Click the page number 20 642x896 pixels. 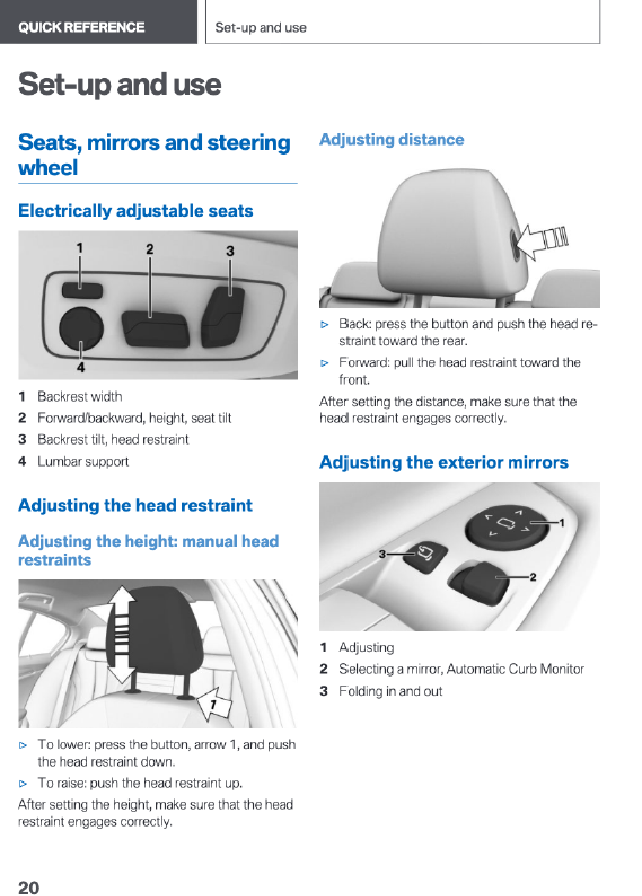tap(29, 887)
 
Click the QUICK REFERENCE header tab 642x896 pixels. tap(98, 22)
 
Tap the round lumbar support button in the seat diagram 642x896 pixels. tap(81, 328)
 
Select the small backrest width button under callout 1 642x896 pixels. tap(82, 290)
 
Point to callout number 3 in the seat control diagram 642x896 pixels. tap(230, 251)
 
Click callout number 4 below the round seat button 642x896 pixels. tap(81, 367)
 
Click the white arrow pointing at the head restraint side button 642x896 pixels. tap(541, 241)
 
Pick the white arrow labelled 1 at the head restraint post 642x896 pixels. tap(215, 703)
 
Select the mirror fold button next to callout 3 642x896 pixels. tap(424, 557)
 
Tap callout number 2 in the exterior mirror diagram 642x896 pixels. tap(533, 577)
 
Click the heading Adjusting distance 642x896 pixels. tap(392, 140)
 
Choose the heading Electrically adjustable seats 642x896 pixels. tap(135, 211)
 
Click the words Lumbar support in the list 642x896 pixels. tap(83, 462)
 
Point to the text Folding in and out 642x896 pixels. tap(390, 691)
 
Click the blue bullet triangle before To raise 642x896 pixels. tap(23, 784)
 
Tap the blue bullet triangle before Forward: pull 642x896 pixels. tap(324, 363)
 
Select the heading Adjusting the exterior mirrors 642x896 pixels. tap(443, 463)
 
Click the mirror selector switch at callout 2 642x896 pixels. tap(479, 582)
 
